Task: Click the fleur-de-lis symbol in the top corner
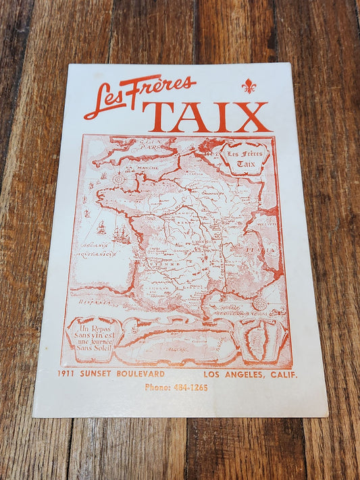pos(249,86)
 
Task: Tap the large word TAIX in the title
pos(206,116)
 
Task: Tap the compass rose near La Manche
pos(119,179)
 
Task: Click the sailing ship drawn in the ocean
pos(121,234)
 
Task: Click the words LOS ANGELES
pos(230,375)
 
